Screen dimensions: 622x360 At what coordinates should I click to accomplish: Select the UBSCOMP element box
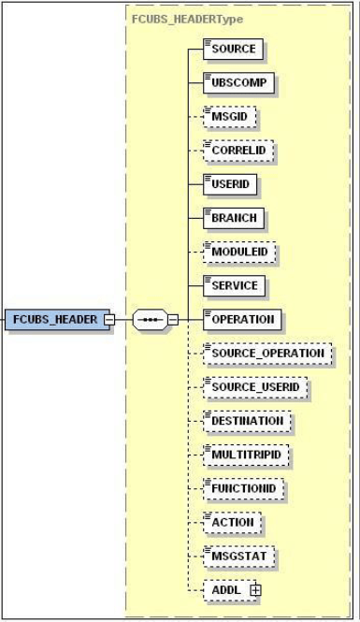point(238,83)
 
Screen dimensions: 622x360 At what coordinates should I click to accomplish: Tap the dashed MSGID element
point(230,117)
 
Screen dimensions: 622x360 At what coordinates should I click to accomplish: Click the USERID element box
point(230,184)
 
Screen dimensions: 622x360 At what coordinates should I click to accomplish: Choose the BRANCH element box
point(233,218)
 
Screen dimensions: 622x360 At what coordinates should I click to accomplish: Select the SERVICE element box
point(235,284)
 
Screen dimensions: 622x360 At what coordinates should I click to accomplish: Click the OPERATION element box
point(242,319)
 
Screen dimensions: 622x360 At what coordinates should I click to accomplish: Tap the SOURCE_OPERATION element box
point(267,354)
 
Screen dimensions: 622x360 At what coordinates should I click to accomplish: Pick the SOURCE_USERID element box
point(255,387)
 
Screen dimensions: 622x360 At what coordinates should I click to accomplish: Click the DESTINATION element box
point(247,421)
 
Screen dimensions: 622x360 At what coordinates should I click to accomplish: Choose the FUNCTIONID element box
point(243,488)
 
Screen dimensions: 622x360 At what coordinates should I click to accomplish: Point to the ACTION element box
point(232,522)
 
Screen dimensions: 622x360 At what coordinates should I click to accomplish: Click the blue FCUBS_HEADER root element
point(54,319)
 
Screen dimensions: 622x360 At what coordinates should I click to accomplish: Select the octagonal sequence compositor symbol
point(150,319)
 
